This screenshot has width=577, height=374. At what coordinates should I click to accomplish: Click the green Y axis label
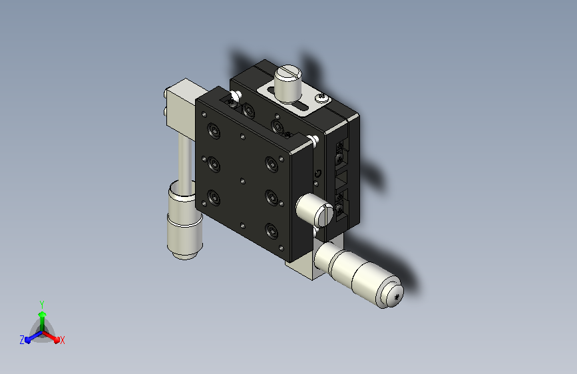pyautogui.click(x=42, y=305)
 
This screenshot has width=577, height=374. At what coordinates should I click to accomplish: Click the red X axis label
pyautogui.click(x=62, y=341)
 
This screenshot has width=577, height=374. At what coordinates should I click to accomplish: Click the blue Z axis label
pyautogui.click(x=22, y=340)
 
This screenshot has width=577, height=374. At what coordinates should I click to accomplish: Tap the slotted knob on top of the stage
pyautogui.click(x=288, y=83)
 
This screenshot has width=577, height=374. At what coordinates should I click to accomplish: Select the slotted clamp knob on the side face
pyautogui.click(x=315, y=210)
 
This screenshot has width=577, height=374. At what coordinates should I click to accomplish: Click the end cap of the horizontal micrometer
pyautogui.click(x=392, y=294)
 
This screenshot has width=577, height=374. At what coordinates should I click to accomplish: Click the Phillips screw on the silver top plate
pyautogui.click(x=322, y=98)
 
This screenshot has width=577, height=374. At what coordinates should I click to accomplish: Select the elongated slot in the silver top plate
pyautogui.click(x=299, y=107)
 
